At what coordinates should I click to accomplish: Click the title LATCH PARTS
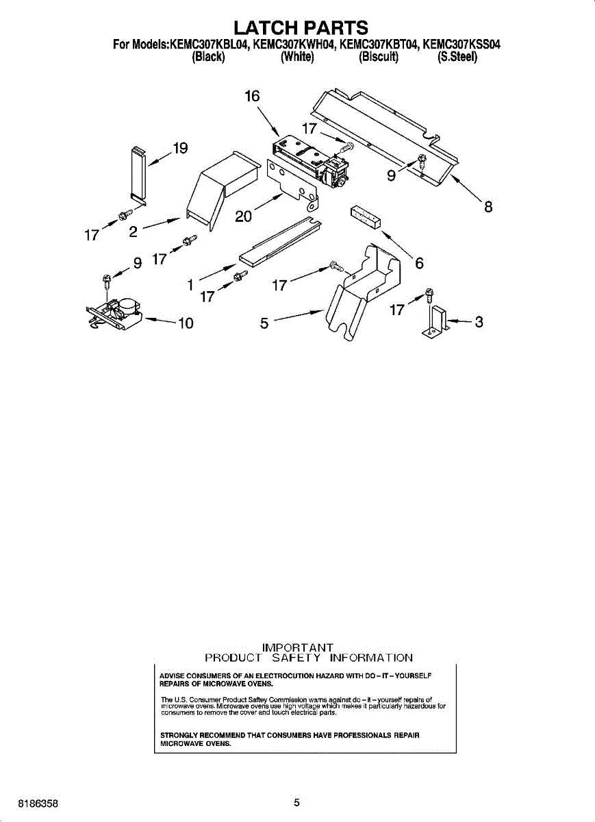point(301,28)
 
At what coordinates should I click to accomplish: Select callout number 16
point(253,97)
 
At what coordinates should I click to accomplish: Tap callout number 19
point(180,149)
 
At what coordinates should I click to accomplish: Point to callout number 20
point(243,216)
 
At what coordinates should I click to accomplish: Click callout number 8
point(488,207)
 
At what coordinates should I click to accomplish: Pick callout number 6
point(419,262)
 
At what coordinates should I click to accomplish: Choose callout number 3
point(479,321)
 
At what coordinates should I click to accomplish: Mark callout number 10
point(186,323)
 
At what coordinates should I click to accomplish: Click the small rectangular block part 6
point(365,216)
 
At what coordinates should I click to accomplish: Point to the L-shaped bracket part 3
point(436,322)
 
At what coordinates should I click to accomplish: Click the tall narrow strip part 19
point(138,174)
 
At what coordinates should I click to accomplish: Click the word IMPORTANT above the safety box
point(298,647)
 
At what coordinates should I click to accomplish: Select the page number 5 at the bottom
point(296,803)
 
